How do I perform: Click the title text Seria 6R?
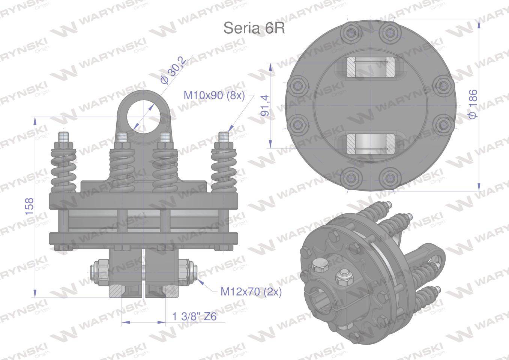tap(254, 28)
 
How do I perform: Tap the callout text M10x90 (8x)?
tap(214, 96)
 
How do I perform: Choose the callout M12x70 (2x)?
tap(251, 291)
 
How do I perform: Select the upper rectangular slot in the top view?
tap(370, 68)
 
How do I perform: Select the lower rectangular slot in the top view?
tap(370, 144)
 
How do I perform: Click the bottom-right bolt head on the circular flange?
tap(388, 176)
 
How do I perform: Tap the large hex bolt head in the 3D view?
tap(319, 267)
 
